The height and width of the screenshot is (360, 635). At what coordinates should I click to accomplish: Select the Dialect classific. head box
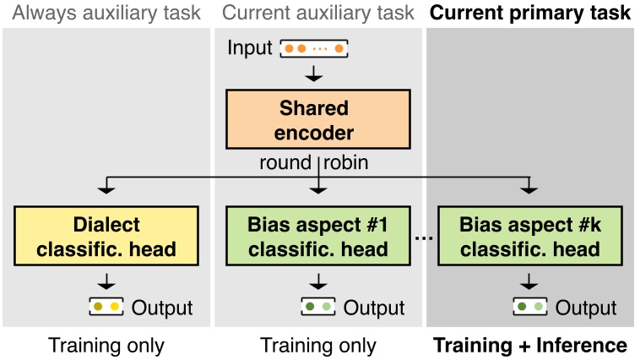click(106, 237)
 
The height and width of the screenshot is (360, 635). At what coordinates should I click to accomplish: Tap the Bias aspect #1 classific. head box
click(317, 237)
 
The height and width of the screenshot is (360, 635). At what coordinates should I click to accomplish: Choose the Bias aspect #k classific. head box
click(529, 237)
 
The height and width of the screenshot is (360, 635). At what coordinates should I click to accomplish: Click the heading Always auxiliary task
click(106, 13)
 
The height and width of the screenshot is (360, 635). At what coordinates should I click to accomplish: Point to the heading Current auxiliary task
click(317, 13)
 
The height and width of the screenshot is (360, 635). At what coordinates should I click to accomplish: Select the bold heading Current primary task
click(530, 13)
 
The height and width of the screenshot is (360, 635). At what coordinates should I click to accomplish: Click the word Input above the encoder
click(251, 48)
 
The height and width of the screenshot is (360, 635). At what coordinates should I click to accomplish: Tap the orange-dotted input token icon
click(313, 49)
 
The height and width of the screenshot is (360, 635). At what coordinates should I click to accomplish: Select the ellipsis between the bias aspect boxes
click(424, 238)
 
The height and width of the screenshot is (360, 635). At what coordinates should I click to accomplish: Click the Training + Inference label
click(530, 346)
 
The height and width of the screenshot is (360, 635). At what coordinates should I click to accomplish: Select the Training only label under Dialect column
click(106, 346)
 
